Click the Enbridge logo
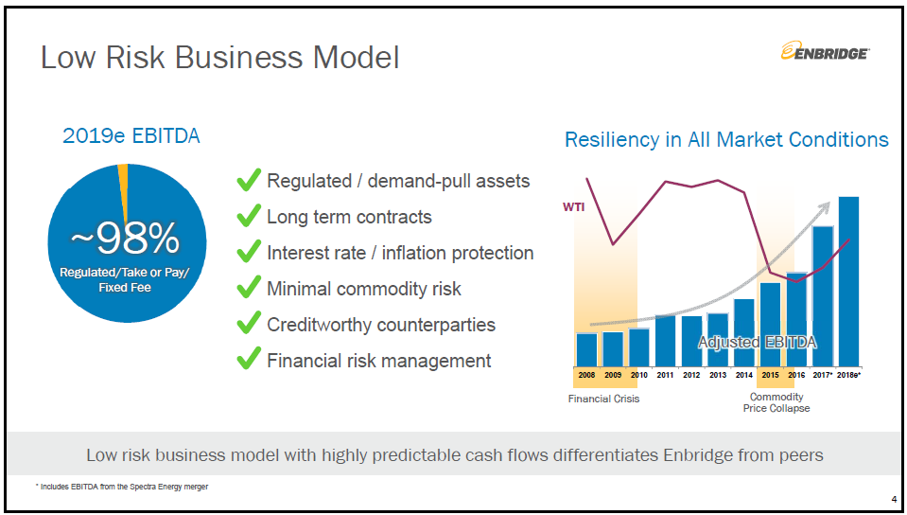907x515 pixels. point(826,53)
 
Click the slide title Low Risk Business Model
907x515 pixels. point(219,58)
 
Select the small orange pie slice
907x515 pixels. point(123,180)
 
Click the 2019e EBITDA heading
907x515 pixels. point(131,136)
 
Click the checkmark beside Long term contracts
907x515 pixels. point(249,216)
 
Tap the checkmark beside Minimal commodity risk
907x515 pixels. point(249,288)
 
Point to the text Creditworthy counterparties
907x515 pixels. point(381,325)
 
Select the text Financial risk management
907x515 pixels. point(378,361)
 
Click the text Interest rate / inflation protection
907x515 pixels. point(400,253)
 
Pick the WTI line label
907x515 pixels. point(573,205)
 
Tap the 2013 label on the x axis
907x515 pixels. point(718,375)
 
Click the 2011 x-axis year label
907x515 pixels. point(665,375)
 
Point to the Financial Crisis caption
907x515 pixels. point(603,399)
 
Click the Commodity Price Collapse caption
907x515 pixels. point(776,402)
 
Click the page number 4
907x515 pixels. point(894,500)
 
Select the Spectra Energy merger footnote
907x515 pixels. point(122,487)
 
